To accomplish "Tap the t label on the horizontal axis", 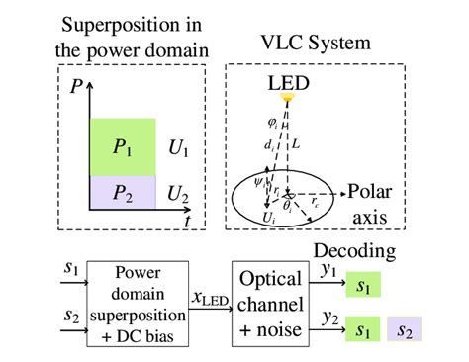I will tap(187, 221).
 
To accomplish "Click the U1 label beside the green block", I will tap(177, 147).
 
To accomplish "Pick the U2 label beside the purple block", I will tap(177, 192).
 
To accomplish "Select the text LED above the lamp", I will tap(288, 82).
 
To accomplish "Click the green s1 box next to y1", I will tap(363, 288).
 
